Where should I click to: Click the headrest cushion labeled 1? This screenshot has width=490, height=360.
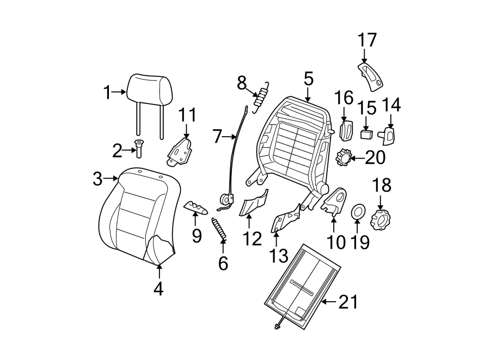(150, 88)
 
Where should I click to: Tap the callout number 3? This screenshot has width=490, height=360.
(97, 178)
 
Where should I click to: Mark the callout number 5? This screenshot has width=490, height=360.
(308, 80)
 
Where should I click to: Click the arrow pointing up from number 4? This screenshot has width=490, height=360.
(158, 272)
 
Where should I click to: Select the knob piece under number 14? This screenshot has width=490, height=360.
(389, 134)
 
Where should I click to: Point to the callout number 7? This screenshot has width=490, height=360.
(217, 136)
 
